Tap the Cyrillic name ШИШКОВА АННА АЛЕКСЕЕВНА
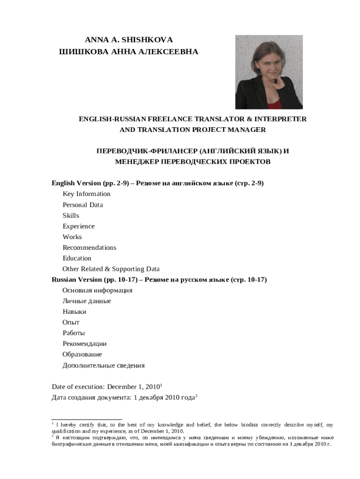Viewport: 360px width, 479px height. pos(129,52)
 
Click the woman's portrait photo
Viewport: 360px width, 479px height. pos(268,72)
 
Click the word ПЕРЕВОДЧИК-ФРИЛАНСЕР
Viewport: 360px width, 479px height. pos(146,152)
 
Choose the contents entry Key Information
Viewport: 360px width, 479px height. pos(86,194)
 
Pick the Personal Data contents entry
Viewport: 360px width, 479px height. pos(83,205)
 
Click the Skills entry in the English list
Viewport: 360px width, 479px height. pos(71,216)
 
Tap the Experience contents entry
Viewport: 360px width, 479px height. pos(79,226)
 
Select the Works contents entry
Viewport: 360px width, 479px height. pos(72,237)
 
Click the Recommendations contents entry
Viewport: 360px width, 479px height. pos(89,247)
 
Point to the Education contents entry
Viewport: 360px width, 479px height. pos(77,258)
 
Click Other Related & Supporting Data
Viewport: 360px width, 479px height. pos(111,269)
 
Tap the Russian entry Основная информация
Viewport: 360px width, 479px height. pos(97,290)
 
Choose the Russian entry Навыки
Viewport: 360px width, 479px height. pos(74,312)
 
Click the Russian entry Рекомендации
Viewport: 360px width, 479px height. pos(85,344)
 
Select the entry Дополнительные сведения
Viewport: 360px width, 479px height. pos(103,365)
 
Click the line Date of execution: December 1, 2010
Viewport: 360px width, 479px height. pos(106,387)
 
